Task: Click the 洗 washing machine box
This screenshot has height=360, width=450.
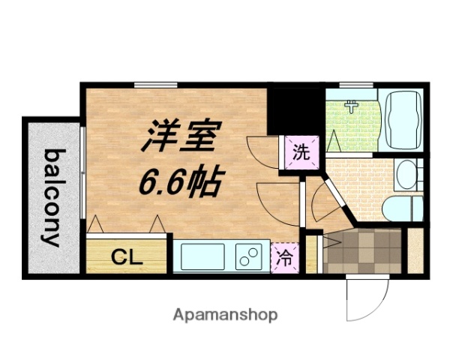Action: pyautogui.click(x=301, y=154)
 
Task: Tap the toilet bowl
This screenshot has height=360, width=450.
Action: pyautogui.click(x=398, y=206)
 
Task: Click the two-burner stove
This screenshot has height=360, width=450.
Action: pyautogui.click(x=248, y=256)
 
